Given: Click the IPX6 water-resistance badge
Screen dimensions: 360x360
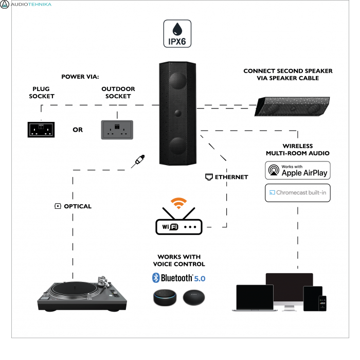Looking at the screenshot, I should click(x=177, y=34).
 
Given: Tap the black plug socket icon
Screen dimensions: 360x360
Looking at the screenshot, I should click(x=41, y=129).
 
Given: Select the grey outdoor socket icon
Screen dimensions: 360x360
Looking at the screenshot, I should click(x=117, y=130).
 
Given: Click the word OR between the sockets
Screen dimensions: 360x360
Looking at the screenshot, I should click(x=78, y=130).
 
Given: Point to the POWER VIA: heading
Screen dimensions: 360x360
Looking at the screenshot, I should click(x=80, y=77).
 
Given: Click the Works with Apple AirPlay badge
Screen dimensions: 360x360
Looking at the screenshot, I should click(x=297, y=170).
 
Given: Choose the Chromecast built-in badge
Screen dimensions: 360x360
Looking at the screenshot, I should click(x=297, y=193).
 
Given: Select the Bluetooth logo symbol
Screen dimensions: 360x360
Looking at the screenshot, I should click(x=156, y=278).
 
